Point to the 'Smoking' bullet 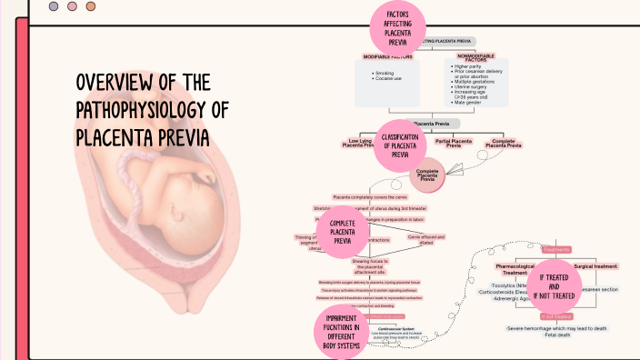385,72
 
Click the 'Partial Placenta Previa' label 454,143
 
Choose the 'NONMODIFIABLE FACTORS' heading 475,57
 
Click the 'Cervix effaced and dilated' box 426,239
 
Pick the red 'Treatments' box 555,249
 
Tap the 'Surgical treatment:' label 595,266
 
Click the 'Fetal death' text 557,334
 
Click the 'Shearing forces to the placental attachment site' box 369,265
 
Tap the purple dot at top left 54,6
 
